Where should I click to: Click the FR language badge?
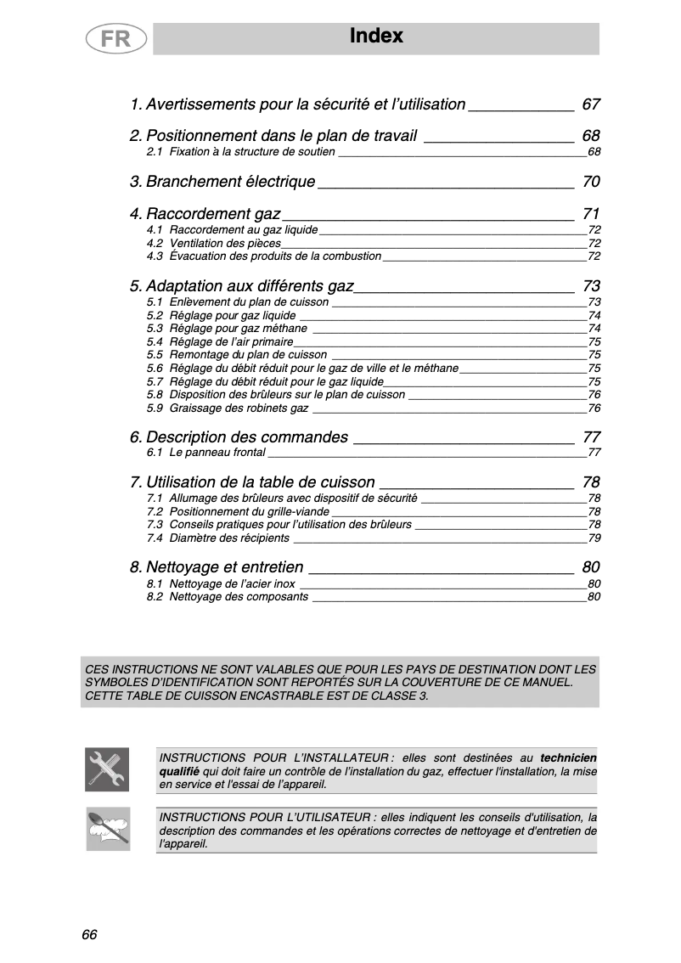(x=116, y=40)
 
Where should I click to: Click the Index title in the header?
(x=376, y=37)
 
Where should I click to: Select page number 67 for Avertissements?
(x=591, y=104)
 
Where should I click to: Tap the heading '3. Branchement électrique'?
(x=222, y=182)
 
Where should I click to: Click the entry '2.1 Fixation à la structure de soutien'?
(x=240, y=152)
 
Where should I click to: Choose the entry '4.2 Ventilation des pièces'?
(x=214, y=244)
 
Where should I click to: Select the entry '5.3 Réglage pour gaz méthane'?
(x=227, y=329)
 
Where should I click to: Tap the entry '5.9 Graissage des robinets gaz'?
(x=227, y=408)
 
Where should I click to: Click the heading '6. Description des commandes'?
(x=239, y=437)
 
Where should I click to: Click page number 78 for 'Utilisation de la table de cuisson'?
(x=591, y=482)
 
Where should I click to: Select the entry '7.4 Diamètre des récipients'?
(x=217, y=538)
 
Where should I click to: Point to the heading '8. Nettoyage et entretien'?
(x=217, y=567)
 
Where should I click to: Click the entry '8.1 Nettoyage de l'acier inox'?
(x=221, y=584)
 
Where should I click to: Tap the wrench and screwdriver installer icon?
(x=108, y=769)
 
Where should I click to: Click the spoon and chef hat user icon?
(x=108, y=829)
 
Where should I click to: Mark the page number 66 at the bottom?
(x=90, y=935)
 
